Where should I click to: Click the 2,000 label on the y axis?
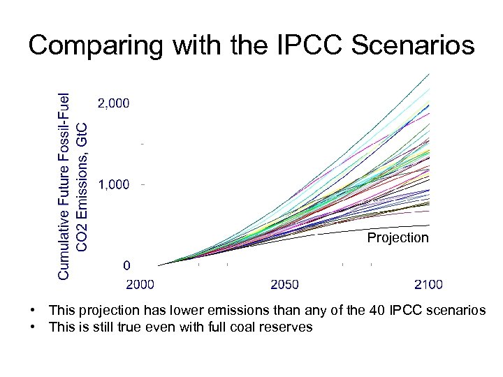pos(113,103)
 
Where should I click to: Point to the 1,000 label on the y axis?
pos(113,184)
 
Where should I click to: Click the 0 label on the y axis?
pos(126,266)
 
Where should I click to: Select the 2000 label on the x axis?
pos(140,284)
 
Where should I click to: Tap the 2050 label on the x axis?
pos(285,284)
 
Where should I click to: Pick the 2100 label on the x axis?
pos(428,284)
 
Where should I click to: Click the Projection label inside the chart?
pos(398,238)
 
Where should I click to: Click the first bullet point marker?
pos(33,310)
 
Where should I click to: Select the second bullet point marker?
pos(33,327)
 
